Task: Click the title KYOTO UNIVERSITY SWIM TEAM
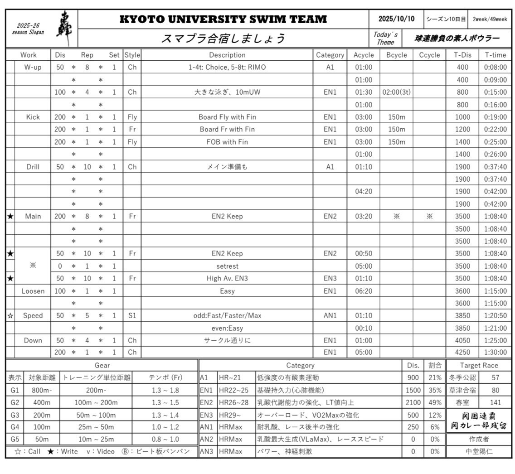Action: pyautogui.click(x=223, y=19)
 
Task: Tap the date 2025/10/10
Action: pyautogui.click(x=396, y=19)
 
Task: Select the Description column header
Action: pyautogui.click(x=227, y=55)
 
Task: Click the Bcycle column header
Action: pyautogui.click(x=396, y=55)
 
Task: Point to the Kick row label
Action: pyautogui.click(x=33, y=117)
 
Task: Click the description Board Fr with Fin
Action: pyautogui.click(x=227, y=129)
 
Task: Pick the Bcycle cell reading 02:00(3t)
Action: pyautogui.click(x=396, y=92)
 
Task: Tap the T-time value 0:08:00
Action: pyautogui.click(x=495, y=67)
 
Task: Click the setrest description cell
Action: pyautogui.click(x=227, y=266)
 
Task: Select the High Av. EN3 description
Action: pyautogui.click(x=227, y=278)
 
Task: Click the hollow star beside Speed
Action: pyautogui.click(x=10, y=315)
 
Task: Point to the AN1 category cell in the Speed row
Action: pyautogui.click(x=330, y=315)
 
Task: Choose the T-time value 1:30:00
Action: pyautogui.click(x=495, y=352)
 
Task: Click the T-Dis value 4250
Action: pyautogui.click(x=462, y=352)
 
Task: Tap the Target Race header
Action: pyautogui.click(x=479, y=365)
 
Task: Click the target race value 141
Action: pyautogui.click(x=495, y=402)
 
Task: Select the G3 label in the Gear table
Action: pyautogui.click(x=15, y=415)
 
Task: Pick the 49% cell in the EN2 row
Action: pyautogui.click(x=435, y=402)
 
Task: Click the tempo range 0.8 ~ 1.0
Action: pyautogui.click(x=165, y=439)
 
